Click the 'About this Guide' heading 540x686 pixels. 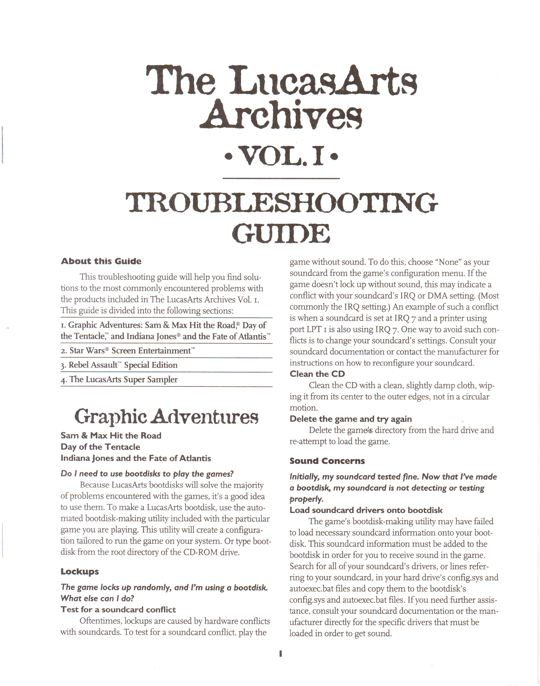tap(101, 262)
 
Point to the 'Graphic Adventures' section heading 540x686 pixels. tap(167, 417)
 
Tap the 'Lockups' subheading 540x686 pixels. tap(80, 572)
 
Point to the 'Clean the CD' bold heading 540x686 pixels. tap(317, 374)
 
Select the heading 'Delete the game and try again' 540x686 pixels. tap(351, 419)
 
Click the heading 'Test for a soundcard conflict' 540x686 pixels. tap(118, 610)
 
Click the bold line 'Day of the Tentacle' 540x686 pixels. tap(100, 447)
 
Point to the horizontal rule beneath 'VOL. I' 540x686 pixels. tap(281, 179)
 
